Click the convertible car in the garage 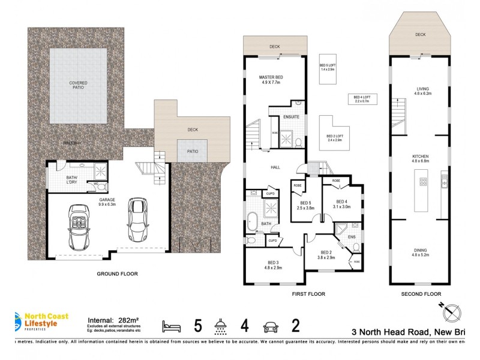tap(79, 227)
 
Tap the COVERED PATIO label tap(77, 85)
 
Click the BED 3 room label tap(273, 265)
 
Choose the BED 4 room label tap(341, 204)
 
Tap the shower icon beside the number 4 tap(220, 326)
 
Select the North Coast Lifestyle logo tap(38, 323)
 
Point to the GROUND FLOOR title tap(118, 274)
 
